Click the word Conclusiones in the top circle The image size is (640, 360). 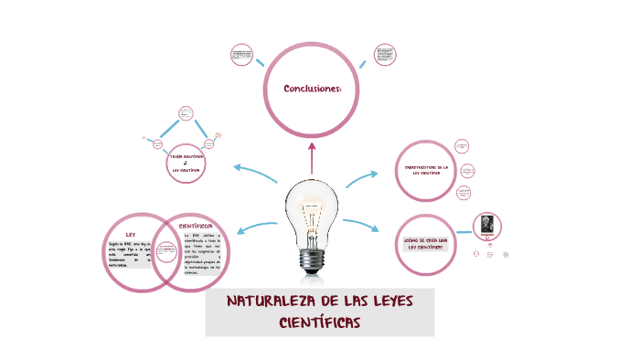click(312, 89)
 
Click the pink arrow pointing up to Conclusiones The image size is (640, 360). click(312, 156)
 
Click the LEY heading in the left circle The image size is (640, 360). click(131, 236)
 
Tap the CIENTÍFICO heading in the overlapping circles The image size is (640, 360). click(195, 225)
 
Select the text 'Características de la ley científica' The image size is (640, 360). click(424, 170)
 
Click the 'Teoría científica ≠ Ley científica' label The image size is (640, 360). click(186, 164)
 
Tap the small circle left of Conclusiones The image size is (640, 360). click(242, 54)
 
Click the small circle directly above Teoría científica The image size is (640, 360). click(187, 114)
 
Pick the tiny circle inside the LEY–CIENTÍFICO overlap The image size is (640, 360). click(167, 254)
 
